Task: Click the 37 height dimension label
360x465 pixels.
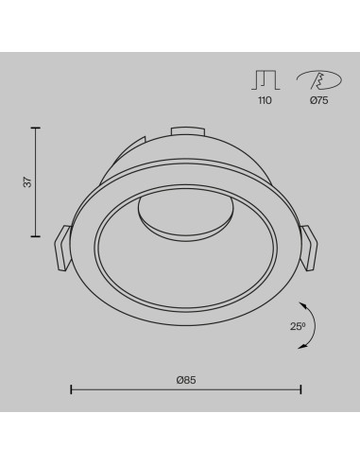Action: pos(28,182)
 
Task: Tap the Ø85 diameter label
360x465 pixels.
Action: pos(186,380)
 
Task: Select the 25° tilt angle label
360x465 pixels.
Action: pos(298,326)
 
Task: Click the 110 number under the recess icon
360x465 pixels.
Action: pos(265,100)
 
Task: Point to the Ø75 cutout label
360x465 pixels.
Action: pos(318,100)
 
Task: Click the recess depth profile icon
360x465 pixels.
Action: pos(266,80)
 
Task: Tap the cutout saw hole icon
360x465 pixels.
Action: pos(318,80)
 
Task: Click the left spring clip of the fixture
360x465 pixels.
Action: pos(62,248)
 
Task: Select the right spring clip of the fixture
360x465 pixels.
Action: pos(309,248)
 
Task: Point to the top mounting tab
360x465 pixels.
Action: pos(187,131)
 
